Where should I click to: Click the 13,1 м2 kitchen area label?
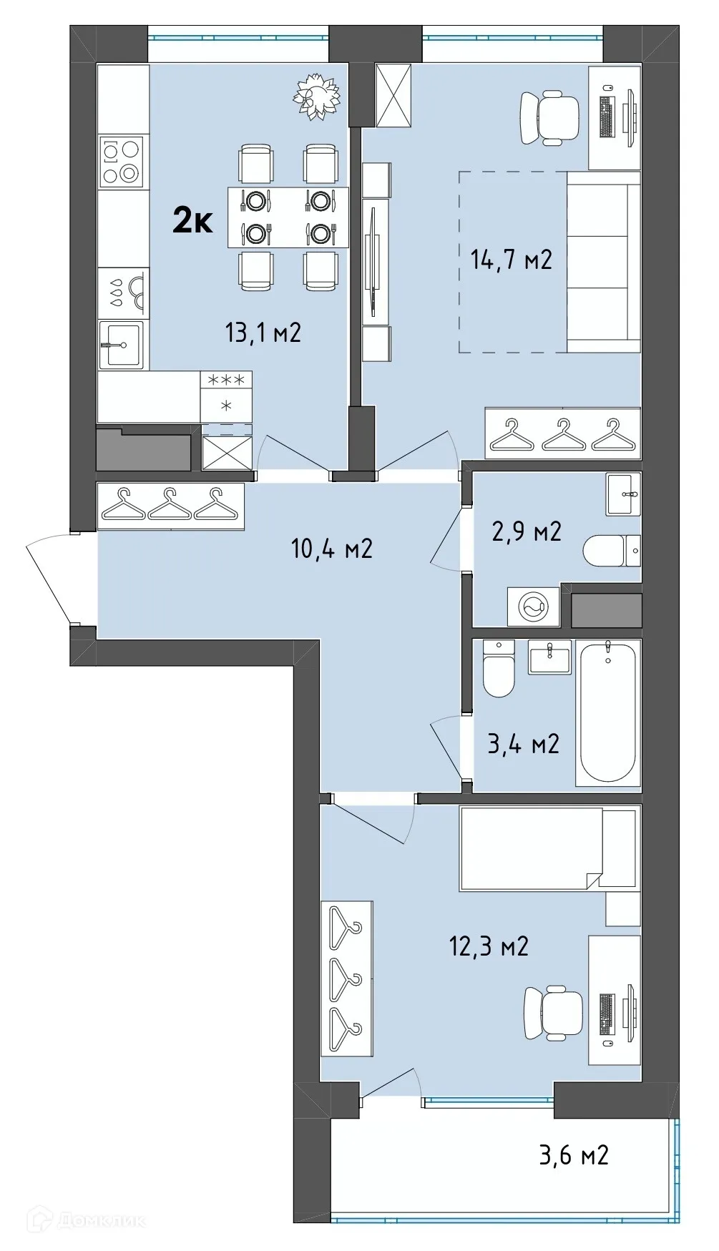[263, 333]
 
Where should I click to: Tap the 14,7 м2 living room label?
[511, 260]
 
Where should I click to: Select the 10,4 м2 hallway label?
[331, 549]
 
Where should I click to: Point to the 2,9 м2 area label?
[527, 531]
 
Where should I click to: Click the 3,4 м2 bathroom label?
[523, 744]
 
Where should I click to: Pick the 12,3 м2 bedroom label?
[489, 946]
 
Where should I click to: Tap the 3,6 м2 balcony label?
[574, 1154]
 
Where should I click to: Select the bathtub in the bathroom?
[607, 712]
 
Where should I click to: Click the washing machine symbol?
[534, 607]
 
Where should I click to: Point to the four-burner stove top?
[121, 162]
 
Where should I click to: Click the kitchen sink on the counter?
[121, 344]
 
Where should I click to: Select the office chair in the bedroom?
[552, 1014]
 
